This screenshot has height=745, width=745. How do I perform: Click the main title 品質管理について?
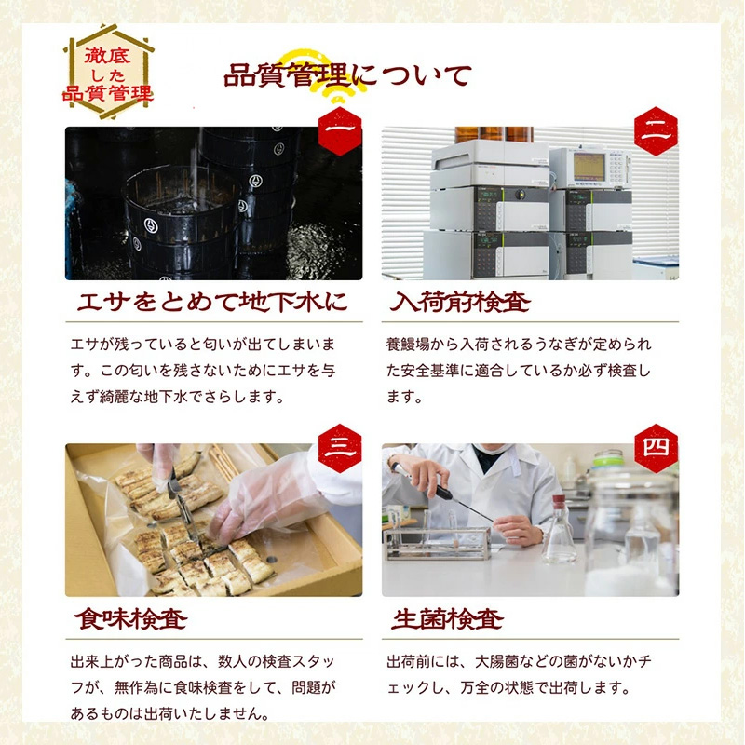pyautogui.click(x=347, y=74)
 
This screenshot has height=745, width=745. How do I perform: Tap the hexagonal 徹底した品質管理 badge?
pyautogui.click(x=107, y=68)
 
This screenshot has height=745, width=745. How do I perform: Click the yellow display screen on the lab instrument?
pyautogui.click(x=589, y=166)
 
